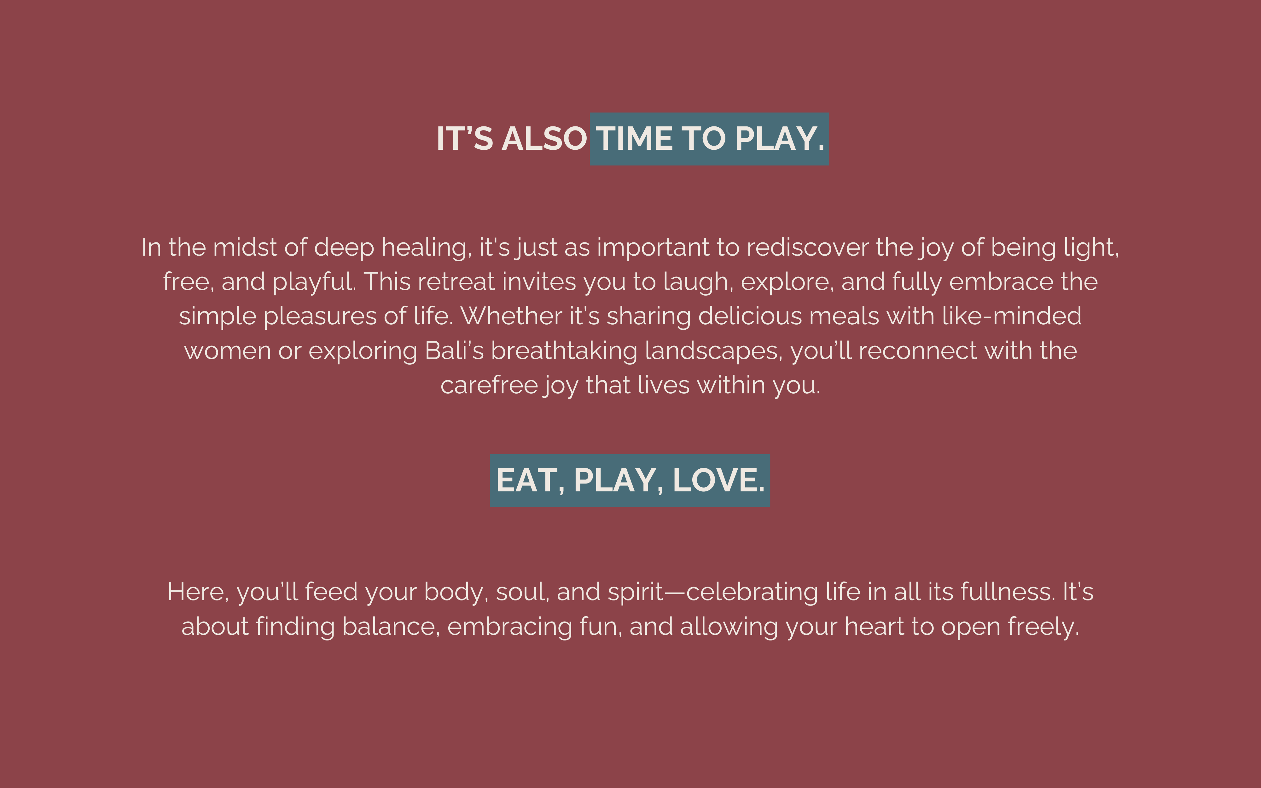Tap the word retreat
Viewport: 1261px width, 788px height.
(456, 282)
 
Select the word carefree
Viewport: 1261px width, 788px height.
(489, 385)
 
